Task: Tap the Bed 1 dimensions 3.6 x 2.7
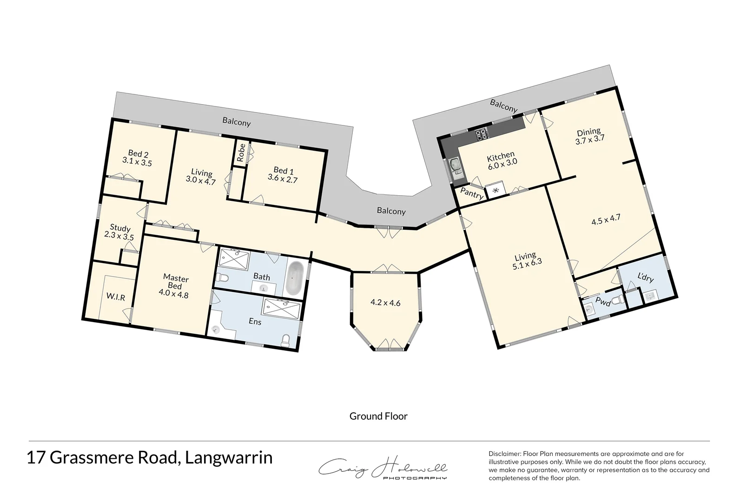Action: click(283, 178)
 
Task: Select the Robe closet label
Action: click(241, 152)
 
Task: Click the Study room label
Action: click(120, 228)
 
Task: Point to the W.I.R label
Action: click(115, 297)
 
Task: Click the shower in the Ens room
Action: click(282, 308)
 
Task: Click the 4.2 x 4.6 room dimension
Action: click(385, 303)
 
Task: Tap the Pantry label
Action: click(472, 194)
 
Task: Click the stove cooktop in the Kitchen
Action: click(482, 135)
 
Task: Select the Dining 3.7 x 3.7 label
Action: click(589, 135)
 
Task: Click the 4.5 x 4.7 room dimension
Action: click(606, 219)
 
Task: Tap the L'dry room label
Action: click(645, 278)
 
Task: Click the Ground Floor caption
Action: click(378, 416)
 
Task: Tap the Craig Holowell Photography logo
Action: click(383, 469)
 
